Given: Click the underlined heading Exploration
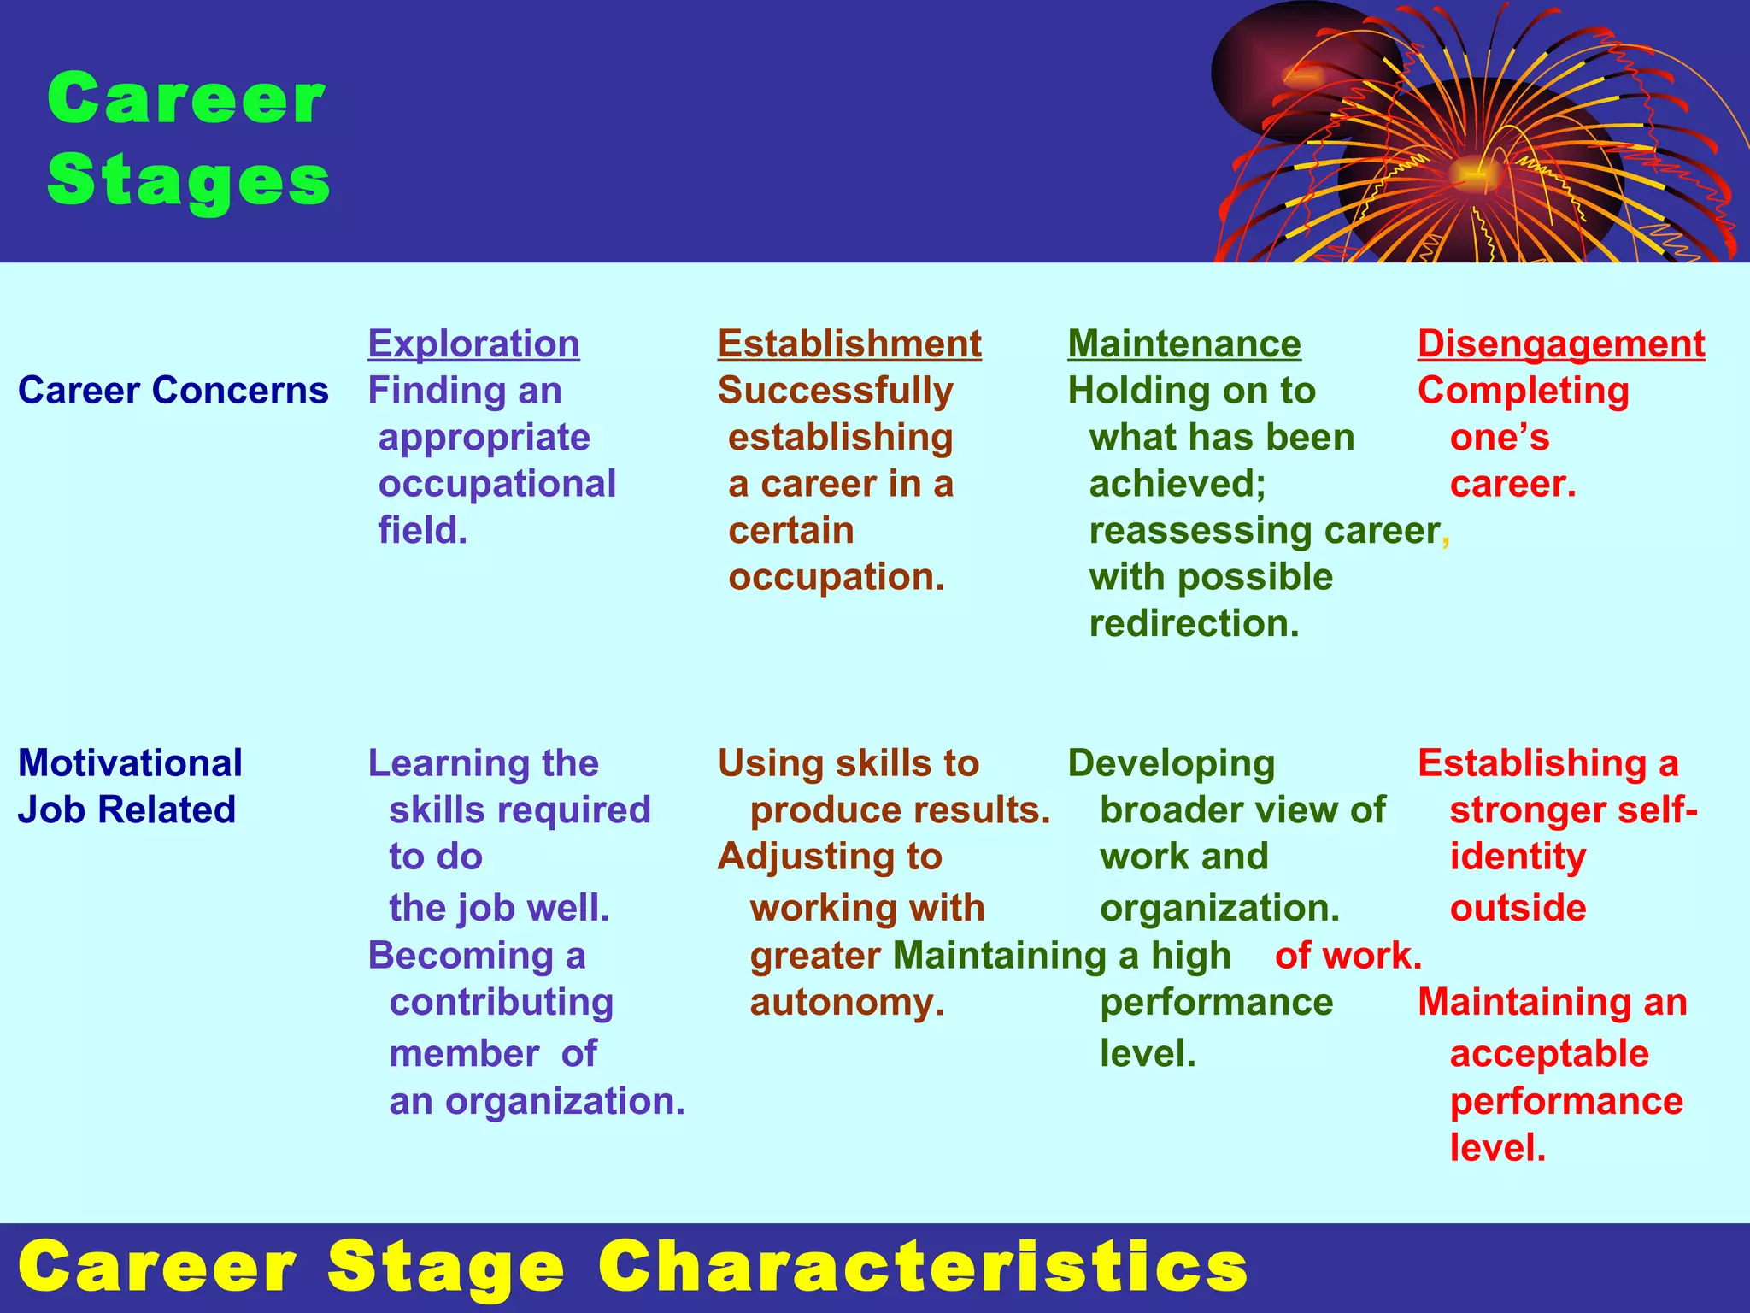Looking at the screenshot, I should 473,344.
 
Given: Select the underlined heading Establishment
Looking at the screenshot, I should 849,344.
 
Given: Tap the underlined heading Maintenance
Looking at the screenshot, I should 1184,344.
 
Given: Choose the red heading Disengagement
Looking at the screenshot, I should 1561,344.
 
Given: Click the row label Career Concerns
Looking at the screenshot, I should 173,391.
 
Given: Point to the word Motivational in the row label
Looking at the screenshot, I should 130,763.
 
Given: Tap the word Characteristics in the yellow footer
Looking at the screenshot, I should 923,1267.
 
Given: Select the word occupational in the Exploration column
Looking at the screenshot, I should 497,484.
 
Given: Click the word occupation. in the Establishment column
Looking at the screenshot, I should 837,577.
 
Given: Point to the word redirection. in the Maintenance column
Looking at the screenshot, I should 1194,624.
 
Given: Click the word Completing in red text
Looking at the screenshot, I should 1524,391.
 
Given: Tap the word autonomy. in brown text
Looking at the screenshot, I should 847,1002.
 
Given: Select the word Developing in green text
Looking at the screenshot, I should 1172,763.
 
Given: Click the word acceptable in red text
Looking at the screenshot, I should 1549,1054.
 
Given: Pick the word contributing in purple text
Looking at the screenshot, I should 502,1002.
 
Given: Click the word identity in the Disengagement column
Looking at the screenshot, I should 1518,857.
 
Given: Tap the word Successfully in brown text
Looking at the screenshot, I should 835,391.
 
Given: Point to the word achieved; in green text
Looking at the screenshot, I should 1177,484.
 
